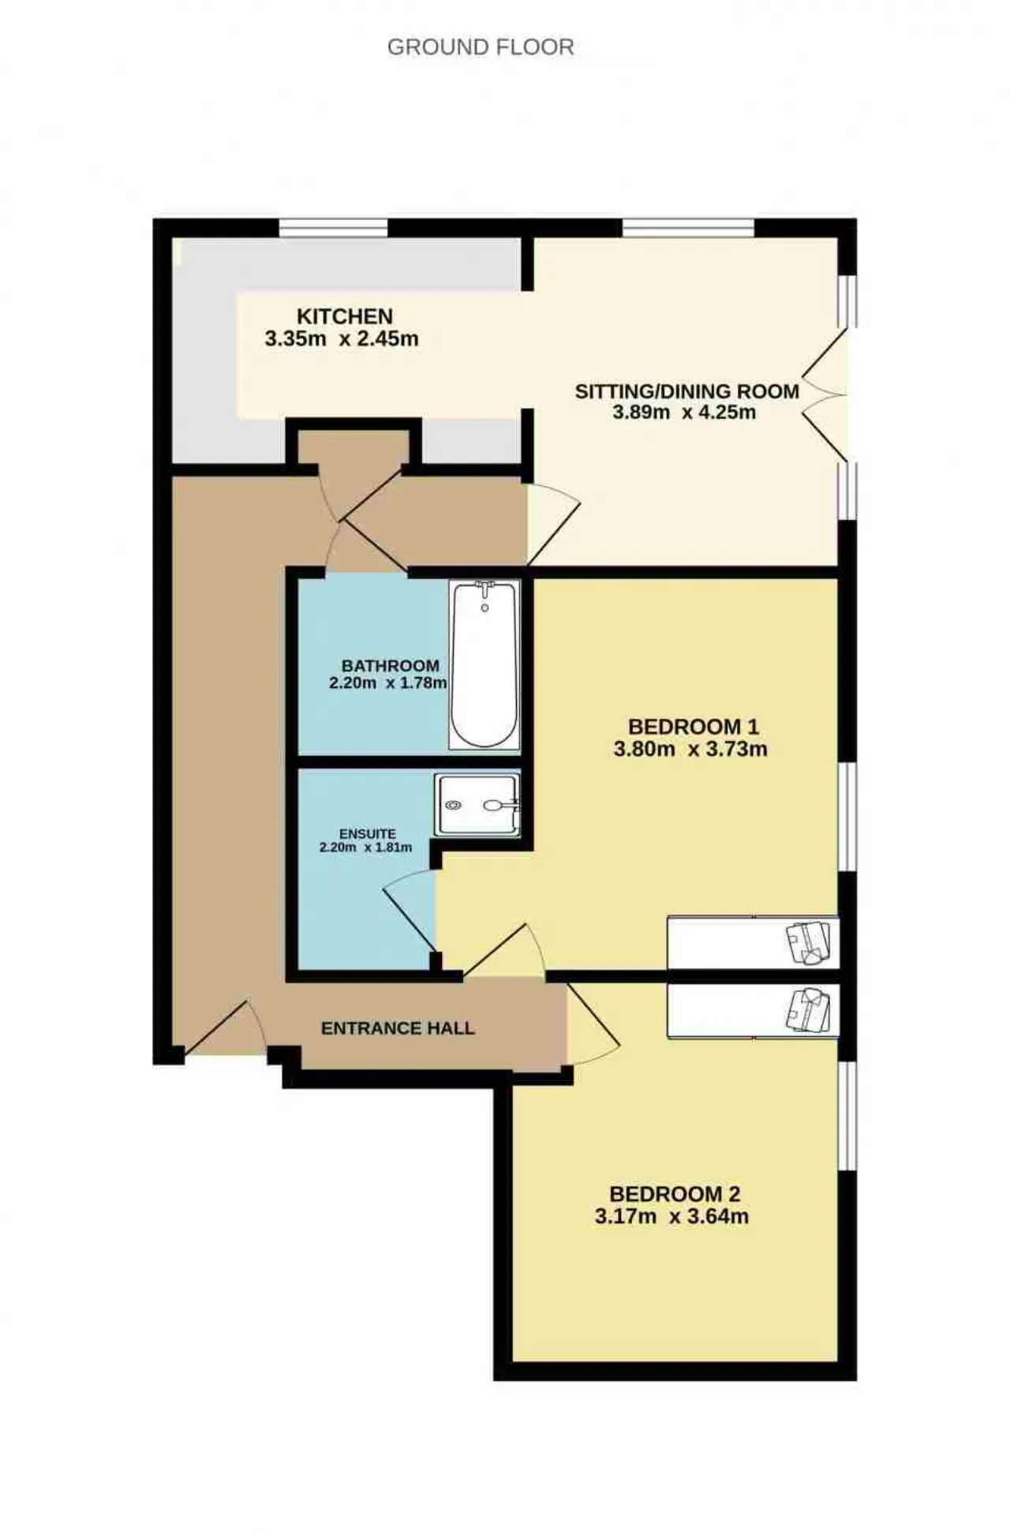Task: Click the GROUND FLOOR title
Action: click(481, 47)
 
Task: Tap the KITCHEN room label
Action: click(345, 316)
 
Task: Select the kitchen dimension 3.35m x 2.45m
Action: click(342, 339)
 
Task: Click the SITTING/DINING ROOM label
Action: click(686, 391)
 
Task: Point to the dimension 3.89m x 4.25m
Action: click(684, 412)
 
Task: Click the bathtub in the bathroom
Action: click(484, 664)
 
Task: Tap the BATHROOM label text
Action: click(391, 666)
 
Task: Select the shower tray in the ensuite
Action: click(477, 804)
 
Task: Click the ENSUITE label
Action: click(368, 834)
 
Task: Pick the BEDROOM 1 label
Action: click(693, 727)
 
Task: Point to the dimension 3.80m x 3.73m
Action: click(690, 749)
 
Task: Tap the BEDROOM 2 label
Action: click(675, 1194)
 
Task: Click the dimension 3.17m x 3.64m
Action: click(671, 1216)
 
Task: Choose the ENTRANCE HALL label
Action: click(398, 1028)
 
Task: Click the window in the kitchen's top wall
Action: click(334, 228)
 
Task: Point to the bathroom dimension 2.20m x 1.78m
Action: click(388, 683)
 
